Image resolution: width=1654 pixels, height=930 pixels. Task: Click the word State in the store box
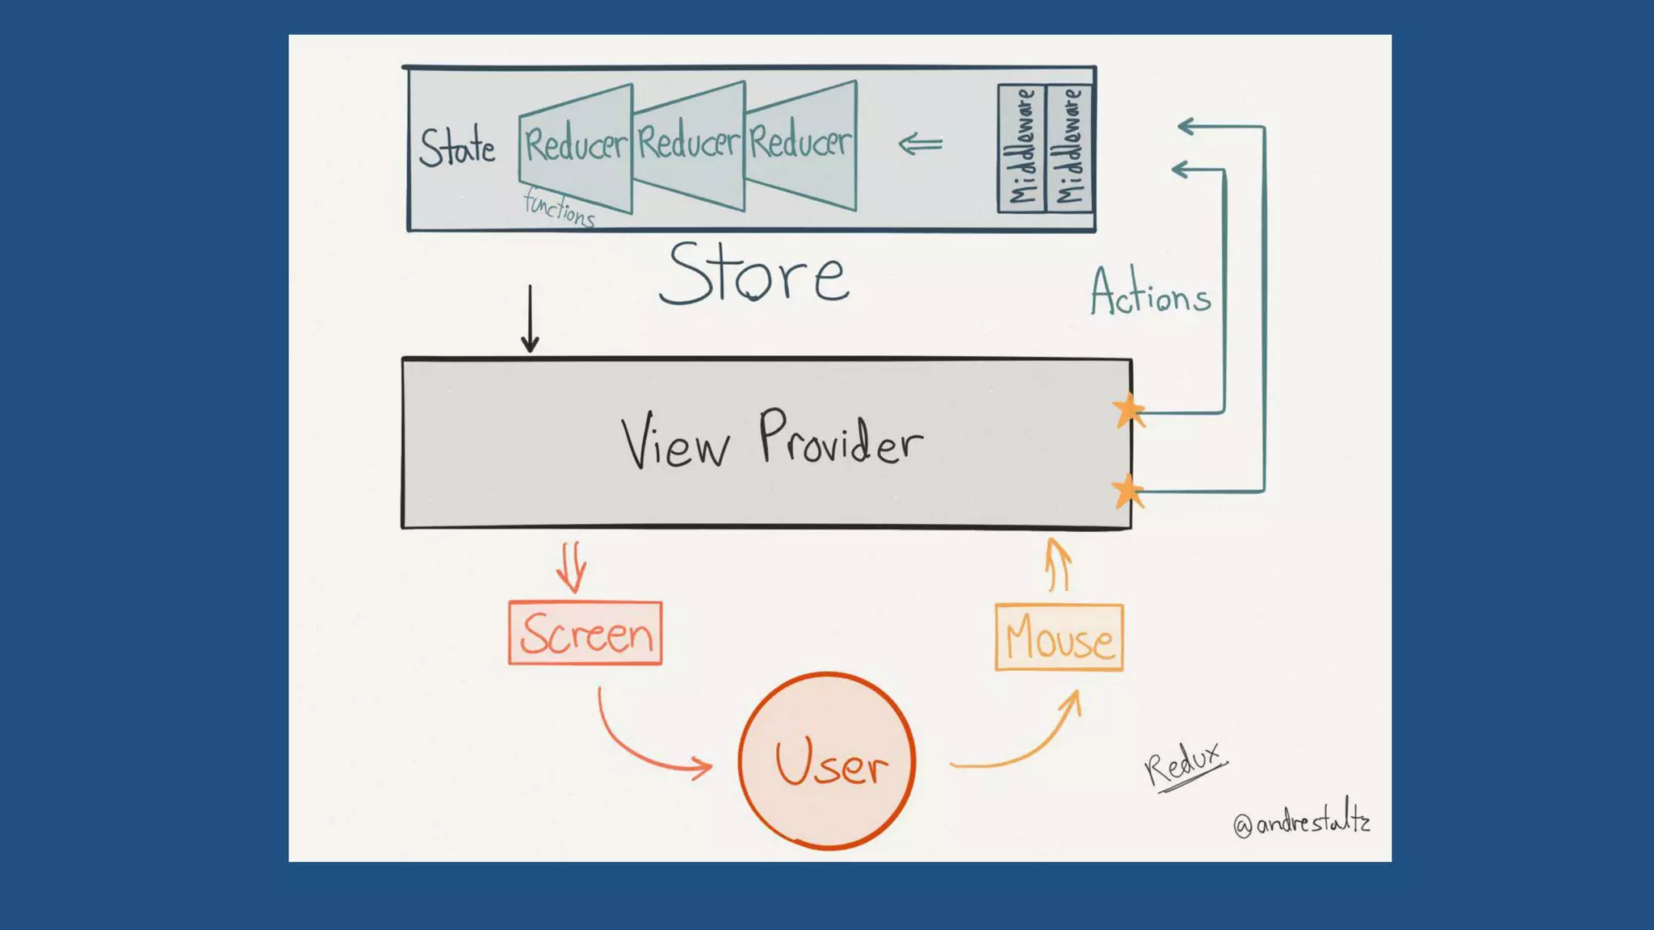tap(457, 148)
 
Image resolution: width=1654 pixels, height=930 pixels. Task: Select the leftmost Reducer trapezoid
tap(575, 146)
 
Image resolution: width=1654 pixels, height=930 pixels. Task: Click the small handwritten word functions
tap(559, 207)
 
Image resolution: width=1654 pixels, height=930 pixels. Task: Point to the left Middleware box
tap(1022, 148)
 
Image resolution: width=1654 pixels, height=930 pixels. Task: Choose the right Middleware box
tap(1069, 148)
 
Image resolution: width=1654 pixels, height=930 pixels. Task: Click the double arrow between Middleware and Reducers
tap(921, 145)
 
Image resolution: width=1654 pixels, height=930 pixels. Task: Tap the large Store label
tap(754, 274)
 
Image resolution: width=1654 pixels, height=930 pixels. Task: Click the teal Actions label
tap(1150, 292)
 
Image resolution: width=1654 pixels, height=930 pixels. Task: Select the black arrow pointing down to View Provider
tap(530, 319)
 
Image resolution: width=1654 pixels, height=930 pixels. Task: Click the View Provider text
tap(771, 440)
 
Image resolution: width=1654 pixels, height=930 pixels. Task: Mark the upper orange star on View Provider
tap(1128, 411)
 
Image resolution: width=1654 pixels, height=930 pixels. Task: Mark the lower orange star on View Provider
tap(1127, 491)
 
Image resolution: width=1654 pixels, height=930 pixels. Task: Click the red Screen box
tap(586, 634)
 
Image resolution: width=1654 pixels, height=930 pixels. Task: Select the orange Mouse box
tap(1059, 638)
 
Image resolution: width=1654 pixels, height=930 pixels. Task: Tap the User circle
tap(827, 760)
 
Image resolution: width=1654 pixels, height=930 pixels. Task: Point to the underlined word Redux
tap(1183, 763)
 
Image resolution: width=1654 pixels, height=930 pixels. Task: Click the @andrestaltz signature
tap(1301, 822)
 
